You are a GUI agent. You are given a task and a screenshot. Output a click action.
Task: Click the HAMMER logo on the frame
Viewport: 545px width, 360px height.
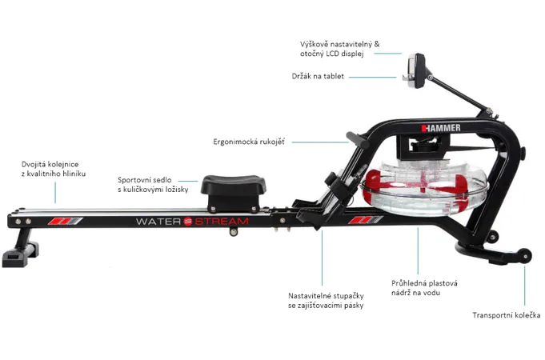pyautogui.click(x=441, y=128)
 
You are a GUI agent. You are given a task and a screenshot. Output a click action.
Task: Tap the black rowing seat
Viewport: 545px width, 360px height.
pyautogui.click(x=234, y=193)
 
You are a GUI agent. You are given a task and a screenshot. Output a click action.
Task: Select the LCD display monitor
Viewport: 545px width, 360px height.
pyautogui.click(x=417, y=71)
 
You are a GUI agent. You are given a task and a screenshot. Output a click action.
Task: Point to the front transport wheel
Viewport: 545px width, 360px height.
pyautogui.click(x=525, y=256)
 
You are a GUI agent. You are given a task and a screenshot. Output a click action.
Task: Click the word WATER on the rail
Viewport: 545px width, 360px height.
pyautogui.click(x=158, y=222)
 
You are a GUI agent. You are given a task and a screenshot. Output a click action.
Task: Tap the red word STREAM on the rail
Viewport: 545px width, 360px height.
pyautogui.click(x=222, y=222)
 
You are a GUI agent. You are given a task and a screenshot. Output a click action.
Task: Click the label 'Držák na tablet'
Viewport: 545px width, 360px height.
pyautogui.click(x=318, y=76)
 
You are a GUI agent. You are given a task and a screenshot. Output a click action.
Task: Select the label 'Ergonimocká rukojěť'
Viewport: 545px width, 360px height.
pyautogui.click(x=249, y=142)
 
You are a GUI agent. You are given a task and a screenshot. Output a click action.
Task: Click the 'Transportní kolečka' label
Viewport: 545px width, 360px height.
pyautogui.click(x=506, y=315)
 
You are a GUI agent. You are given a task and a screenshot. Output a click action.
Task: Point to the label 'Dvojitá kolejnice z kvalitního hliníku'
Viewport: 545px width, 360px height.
pyautogui.click(x=54, y=169)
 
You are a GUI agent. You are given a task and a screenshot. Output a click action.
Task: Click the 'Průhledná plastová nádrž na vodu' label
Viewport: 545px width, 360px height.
pyautogui.click(x=424, y=288)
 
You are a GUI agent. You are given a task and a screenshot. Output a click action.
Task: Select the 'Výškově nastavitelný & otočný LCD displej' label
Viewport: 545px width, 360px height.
pyautogui.click(x=340, y=49)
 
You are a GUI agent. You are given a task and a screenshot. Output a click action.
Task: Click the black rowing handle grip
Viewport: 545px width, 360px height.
pyautogui.click(x=357, y=140)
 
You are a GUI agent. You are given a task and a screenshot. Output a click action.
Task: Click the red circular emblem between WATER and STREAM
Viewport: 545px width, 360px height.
pyautogui.click(x=188, y=222)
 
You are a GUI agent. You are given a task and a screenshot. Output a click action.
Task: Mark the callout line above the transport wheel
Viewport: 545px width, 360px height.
pyautogui.click(x=524, y=286)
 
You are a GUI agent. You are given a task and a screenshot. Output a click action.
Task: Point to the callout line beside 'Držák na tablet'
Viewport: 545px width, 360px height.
pyautogui.click(x=373, y=77)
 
